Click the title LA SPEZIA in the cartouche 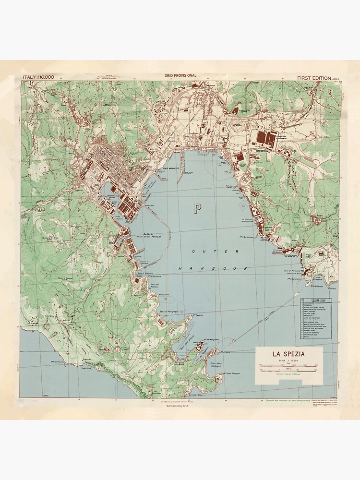(288, 354)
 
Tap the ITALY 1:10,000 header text (38, 77)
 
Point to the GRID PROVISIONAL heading (180, 76)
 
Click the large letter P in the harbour (197, 208)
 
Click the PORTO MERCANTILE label (170, 169)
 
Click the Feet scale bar (288, 365)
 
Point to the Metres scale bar (288, 370)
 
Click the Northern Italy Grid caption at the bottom (179, 407)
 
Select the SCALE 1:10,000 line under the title (288, 360)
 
